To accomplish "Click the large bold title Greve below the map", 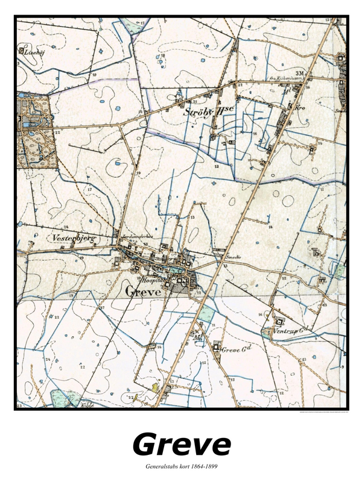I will (181, 445).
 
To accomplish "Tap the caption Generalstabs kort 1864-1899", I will (181, 467).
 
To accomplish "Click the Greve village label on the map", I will (143, 291).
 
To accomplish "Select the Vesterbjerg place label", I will (75, 239).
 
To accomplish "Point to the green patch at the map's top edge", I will (142, 24).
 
